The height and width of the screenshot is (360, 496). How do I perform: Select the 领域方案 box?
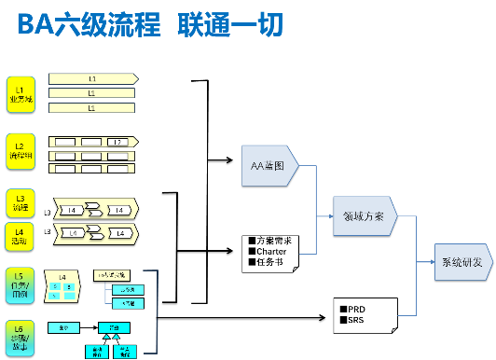click(x=364, y=215)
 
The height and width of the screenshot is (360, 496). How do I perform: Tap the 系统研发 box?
click(x=463, y=262)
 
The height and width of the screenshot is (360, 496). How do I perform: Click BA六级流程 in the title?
click(x=89, y=24)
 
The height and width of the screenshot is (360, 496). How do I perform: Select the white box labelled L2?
click(x=117, y=141)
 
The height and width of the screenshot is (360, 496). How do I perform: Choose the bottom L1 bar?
click(x=91, y=108)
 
